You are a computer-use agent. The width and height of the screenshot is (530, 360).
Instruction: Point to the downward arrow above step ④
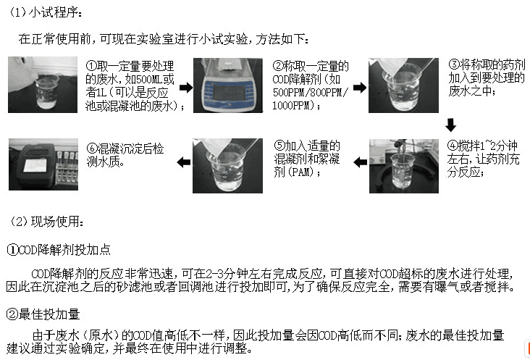tap(451, 124)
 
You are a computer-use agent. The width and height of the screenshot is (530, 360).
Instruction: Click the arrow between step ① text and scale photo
tap(185, 87)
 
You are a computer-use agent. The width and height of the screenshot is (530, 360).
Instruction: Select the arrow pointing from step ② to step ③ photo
tap(360, 87)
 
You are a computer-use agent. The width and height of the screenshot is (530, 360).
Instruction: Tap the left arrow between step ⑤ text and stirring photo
tap(360, 164)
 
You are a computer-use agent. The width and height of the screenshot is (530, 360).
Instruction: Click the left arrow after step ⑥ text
tap(185, 164)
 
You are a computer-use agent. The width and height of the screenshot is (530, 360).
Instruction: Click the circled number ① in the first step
tap(92, 66)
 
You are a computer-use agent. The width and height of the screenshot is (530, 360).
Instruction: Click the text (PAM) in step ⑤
tap(287, 172)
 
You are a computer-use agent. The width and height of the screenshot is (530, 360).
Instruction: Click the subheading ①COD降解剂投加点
tap(59, 248)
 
